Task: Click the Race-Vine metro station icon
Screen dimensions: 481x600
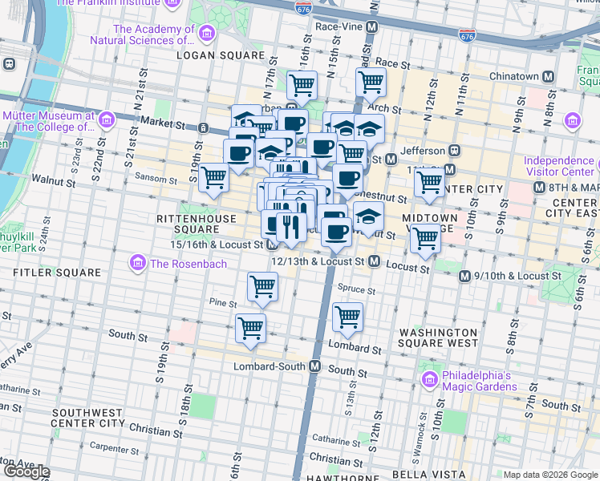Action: click(x=371, y=26)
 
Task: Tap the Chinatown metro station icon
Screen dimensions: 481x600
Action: click(x=549, y=76)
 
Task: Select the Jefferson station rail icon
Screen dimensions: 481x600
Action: click(x=454, y=150)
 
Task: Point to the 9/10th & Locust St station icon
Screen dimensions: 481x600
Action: click(x=464, y=276)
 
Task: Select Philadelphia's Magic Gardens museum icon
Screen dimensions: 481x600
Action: click(x=429, y=378)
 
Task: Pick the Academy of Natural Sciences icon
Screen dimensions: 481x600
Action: click(x=207, y=34)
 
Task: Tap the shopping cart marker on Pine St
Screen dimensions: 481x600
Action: click(x=262, y=286)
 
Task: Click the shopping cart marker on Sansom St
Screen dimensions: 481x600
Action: click(x=214, y=177)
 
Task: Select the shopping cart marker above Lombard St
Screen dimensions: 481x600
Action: click(x=347, y=317)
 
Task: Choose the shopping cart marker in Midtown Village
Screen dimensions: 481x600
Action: click(x=424, y=236)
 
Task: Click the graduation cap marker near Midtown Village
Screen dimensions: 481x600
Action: click(x=368, y=216)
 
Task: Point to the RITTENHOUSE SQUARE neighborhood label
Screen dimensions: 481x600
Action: click(x=197, y=224)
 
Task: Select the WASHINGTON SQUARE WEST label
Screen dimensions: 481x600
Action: click(x=438, y=338)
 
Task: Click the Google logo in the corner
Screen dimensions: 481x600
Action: click(x=26, y=471)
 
